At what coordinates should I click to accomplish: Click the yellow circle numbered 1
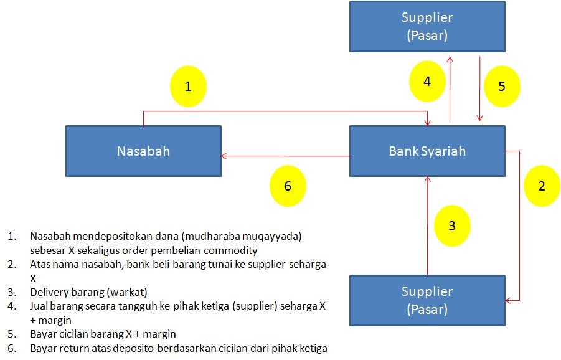[x=188, y=86]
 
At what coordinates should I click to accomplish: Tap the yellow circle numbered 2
[x=541, y=186]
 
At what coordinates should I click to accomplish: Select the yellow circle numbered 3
[x=452, y=225]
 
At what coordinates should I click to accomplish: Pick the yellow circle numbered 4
[x=427, y=82]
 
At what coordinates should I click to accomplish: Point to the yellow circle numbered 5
[x=502, y=86]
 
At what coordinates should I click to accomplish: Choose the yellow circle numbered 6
[x=287, y=186]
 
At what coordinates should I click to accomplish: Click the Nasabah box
[x=143, y=151]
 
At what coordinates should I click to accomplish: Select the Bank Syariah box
[x=427, y=151]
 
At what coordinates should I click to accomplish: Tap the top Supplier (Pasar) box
[x=427, y=26]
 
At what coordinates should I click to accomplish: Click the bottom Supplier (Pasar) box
[x=427, y=300]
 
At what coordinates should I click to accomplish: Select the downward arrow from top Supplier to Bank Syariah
[x=480, y=87]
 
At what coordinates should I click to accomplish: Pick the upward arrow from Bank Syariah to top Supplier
[x=450, y=87]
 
